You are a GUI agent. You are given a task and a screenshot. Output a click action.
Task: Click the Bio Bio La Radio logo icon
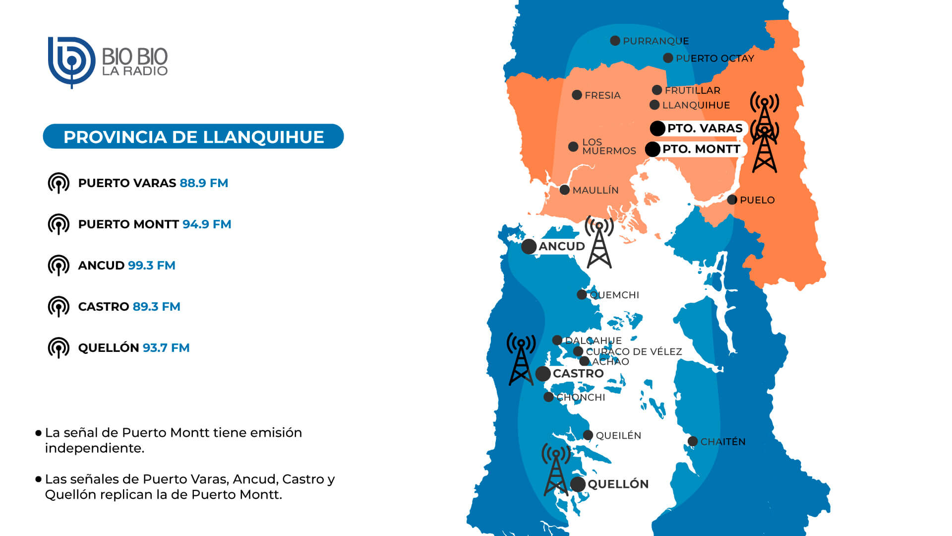click(x=71, y=62)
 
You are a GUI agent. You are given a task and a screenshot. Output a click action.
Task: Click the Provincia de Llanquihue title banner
click(x=193, y=136)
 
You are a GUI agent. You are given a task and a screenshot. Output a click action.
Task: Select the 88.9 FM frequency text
click(x=204, y=183)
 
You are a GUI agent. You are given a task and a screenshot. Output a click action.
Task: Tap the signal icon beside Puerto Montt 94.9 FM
click(x=59, y=224)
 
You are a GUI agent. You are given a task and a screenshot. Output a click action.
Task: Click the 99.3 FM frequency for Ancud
click(x=151, y=266)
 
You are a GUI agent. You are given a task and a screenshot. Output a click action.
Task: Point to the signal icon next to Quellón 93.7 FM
click(x=59, y=348)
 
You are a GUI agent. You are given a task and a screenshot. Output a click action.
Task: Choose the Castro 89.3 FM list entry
click(x=129, y=307)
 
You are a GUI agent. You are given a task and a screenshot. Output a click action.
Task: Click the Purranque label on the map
click(x=655, y=41)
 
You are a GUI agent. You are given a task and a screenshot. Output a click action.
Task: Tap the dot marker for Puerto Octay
click(x=668, y=58)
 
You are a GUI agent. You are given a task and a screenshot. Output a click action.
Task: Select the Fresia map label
click(x=602, y=95)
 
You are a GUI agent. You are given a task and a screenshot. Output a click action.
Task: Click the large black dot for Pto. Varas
click(x=657, y=129)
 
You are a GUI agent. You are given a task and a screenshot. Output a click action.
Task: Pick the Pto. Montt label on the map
click(x=701, y=149)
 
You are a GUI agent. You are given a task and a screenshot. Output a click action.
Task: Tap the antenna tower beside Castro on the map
click(x=521, y=360)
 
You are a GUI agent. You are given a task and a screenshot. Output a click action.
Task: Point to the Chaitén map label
click(x=722, y=442)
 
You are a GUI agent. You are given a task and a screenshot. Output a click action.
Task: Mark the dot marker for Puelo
click(x=732, y=200)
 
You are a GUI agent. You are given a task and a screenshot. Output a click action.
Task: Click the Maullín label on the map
click(x=595, y=191)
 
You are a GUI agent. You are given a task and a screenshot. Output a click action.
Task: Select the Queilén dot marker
click(x=588, y=435)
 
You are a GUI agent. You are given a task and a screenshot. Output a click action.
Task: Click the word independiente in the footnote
click(x=95, y=448)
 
